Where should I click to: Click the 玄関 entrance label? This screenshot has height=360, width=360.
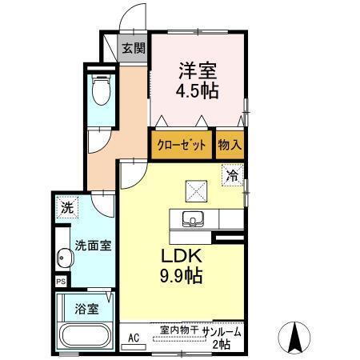click(134, 48)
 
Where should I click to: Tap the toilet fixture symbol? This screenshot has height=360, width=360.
click(101, 90)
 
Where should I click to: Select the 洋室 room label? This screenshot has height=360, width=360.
click(198, 70)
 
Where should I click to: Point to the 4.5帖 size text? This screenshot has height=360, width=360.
click(198, 91)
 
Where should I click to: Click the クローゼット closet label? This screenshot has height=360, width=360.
click(182, 146)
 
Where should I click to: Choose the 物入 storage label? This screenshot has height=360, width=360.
click(230, 145)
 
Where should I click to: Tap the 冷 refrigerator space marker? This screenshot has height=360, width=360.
click(233, 175)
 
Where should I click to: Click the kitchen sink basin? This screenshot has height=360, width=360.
click(193, 219)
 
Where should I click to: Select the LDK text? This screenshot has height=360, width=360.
click(182, 256)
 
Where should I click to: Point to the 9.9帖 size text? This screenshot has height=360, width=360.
click(181, 276)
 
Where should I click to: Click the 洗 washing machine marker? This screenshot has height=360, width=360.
click(67, 207)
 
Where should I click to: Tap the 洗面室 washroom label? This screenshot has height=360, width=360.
click(93, 246)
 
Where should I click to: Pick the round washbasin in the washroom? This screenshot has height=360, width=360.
click(65, 258)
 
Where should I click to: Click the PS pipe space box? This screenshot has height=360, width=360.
click(61, 282)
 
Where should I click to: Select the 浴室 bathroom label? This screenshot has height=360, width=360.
click(87, 309)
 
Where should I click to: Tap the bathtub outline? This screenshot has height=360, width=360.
click(86, 336)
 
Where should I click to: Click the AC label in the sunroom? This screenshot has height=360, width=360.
click(134, 338)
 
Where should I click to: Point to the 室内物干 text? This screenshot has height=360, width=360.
click(179, 330)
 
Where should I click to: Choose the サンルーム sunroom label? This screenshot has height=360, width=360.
click(222, 332)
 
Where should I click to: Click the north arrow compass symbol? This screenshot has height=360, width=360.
click(294, 338)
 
